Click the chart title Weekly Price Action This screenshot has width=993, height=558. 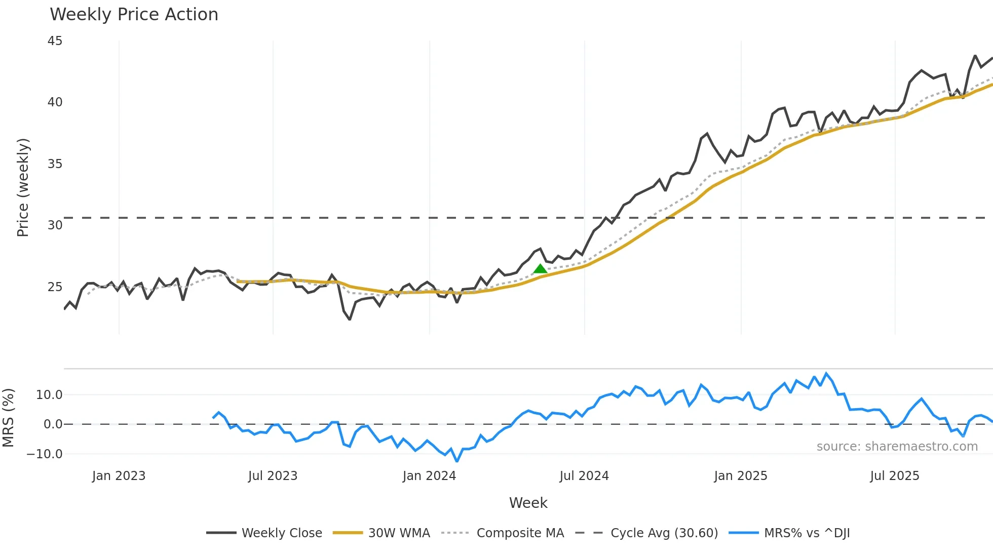pyautogui.click(x=134, y=15)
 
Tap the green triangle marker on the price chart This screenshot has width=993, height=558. pyautogui.click(x=540, y=269)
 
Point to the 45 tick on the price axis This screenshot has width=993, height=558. pyautogui.click(x=55, y=41)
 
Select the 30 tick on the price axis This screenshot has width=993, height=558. pyautogui.click(x=55, y=225)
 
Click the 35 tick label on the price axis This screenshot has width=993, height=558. pyautogui.click(x=55, y=164)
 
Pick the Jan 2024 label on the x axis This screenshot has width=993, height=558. pyautogui.click(x=429, y=476)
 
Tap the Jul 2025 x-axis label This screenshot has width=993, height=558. pyautogui.click(x=894, y=476)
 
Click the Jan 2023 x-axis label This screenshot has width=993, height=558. pyautogui.click(x=119, y=476)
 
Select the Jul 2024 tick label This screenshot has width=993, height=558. pyautogui.click(x=584, y=476)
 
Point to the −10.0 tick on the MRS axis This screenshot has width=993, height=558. pyautogui.click(x=45, y=454)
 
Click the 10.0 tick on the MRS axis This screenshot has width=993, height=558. pyautogui.click(x=49, y=395)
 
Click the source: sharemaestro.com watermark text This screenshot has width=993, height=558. pyautogui.click(x=897, y=447)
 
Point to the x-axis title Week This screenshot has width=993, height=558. pyautogui.click(x=528, y=503)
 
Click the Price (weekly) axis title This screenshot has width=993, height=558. pyautogui.click(x=23, y=187)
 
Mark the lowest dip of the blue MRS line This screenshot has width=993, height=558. pyautogui.click(x=457, y=461)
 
